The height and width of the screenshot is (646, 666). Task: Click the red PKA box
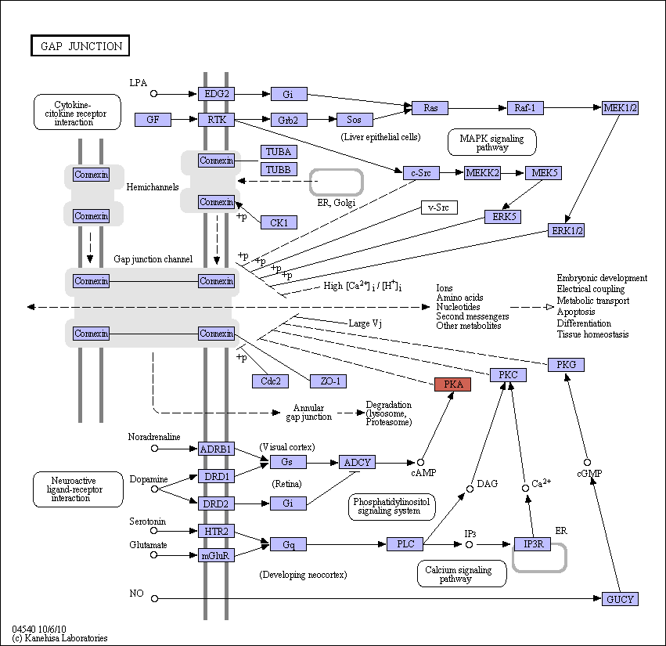tap(453, 384)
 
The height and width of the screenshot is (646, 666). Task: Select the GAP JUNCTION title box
tap(81, 45)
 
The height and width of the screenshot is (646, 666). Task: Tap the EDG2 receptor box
tap(216, 94)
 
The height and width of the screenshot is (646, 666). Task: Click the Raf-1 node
tap(525, 108)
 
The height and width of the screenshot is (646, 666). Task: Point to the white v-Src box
tap(439, 208)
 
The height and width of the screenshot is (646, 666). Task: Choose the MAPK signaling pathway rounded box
tap(491, 143)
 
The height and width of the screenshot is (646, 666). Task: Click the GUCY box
tap(620, 599)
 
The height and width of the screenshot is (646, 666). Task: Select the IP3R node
tap(533, 544)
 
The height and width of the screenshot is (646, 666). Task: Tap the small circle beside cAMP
tap(420, 463)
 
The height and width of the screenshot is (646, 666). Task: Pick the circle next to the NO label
tap(155, 598)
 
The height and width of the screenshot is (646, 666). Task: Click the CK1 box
tap(279, 222)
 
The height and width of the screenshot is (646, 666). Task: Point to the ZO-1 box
tap(328, 381)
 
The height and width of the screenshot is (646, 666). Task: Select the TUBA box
tap(279, 152)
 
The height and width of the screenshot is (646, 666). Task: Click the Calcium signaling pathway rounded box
tap(462, 574)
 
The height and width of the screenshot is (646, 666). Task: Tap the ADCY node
tap(357, 462)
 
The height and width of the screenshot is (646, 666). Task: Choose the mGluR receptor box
tap(216, 555)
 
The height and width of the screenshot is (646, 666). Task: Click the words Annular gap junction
tap(309, 412)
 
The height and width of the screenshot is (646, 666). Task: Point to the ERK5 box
tap(503, 217)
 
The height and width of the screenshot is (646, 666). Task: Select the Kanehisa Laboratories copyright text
tap(59, 638)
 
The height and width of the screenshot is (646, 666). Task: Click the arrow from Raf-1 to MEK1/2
tap(573, 108)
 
